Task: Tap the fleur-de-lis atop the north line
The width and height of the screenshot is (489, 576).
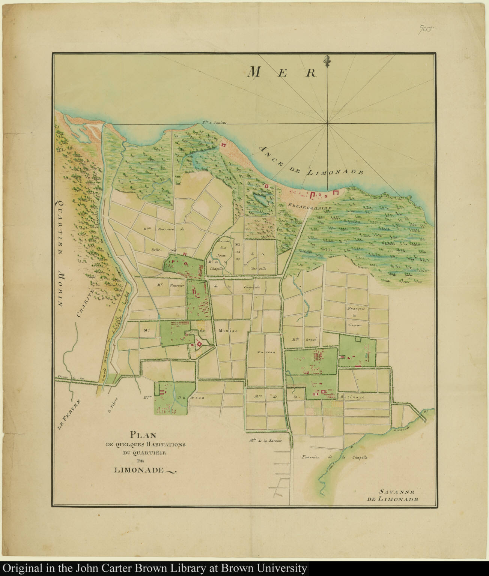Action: point(328,60)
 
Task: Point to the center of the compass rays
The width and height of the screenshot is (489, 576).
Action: point(328,123)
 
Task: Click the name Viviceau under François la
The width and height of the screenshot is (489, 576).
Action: point(354,325)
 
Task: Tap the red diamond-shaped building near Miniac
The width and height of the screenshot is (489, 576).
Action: point(199,343)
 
